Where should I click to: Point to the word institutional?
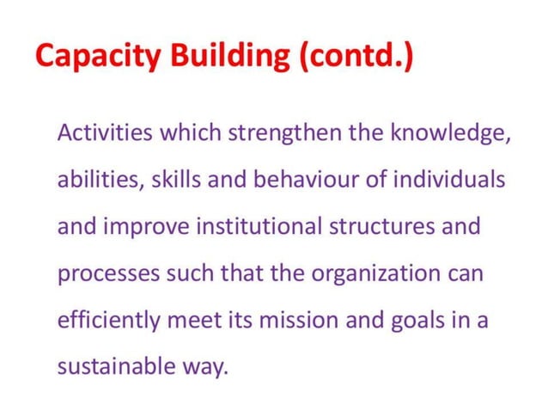coord(253,228)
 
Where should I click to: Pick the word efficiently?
coord(108,321)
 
